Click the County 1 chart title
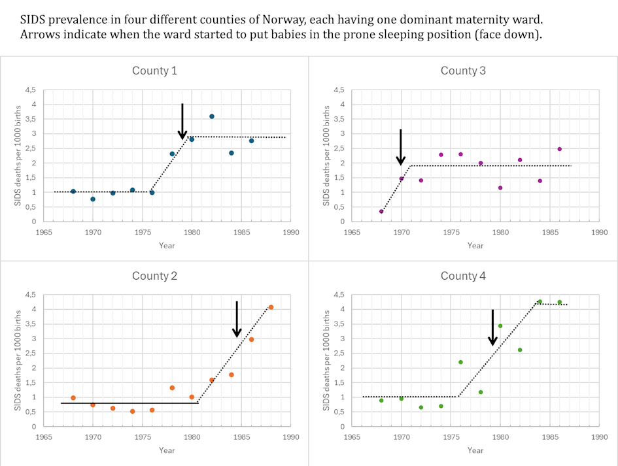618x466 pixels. (154, 71)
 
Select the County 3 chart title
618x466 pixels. (463, 71)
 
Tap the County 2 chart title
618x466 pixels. (154, 276)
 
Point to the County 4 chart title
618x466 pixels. (463, 276)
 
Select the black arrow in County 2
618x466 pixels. (237, 320)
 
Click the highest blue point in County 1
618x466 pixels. (211, 116)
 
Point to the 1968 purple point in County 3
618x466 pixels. (381, 211)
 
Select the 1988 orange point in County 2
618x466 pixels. (271, 307)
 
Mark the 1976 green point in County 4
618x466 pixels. (460, 362)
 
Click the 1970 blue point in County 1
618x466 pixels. (93, 199)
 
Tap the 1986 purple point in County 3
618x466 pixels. (560, 149)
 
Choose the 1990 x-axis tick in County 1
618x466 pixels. (291, 232)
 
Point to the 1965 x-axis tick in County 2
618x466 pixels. (44, 437)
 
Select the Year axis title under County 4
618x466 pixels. (475, 450)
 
